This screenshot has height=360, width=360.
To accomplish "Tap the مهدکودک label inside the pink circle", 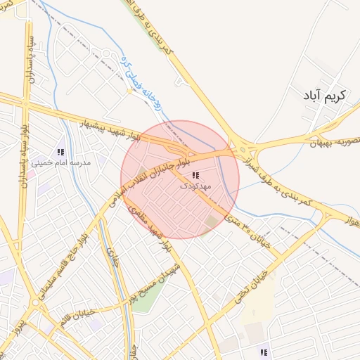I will [194, 186].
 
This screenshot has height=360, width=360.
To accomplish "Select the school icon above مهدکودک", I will [195, 175].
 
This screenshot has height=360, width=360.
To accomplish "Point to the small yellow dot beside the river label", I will [129, 91].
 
